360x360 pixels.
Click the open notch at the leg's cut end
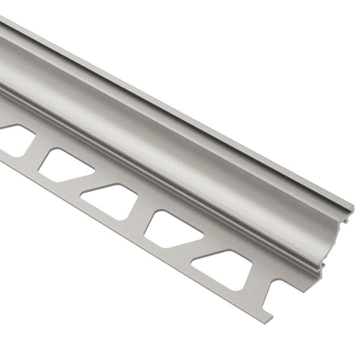(x=280, y=296)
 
